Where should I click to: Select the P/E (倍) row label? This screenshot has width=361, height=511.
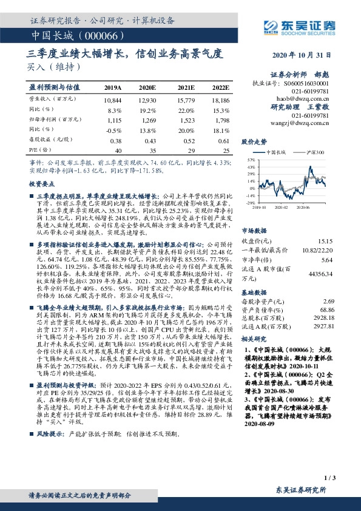click(x=38, y=151)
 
